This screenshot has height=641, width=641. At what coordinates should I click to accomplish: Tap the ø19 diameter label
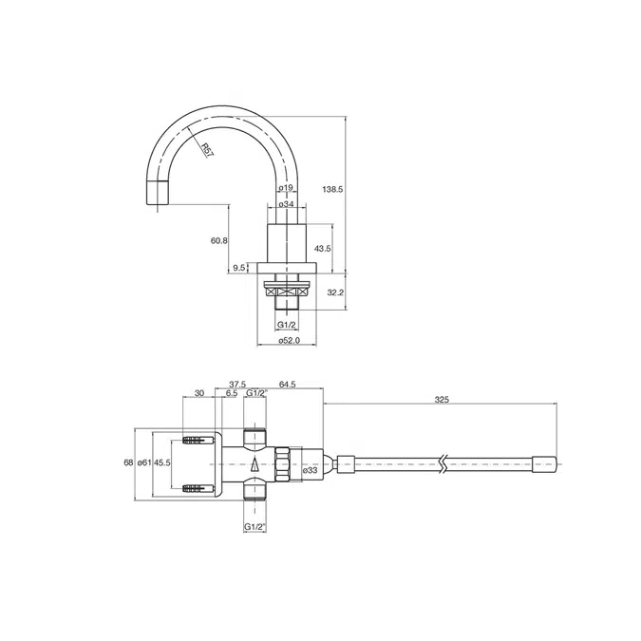tap(286, 189)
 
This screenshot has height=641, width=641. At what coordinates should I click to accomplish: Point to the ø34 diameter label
tap(286, 204)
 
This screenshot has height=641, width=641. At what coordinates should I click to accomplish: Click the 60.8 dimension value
tap(218, 240)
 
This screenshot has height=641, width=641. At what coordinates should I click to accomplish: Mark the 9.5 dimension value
tap(240, 268)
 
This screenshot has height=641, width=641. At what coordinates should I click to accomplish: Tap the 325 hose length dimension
tap(441, 401)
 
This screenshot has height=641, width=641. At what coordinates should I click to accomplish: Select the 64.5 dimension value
tap(288, 385)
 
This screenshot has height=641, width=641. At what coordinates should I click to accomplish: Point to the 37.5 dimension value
tap(237, 385)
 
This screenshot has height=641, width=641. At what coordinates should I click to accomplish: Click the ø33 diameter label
tap(310, 469)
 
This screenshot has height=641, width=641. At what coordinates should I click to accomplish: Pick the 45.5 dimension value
tap(162, 462)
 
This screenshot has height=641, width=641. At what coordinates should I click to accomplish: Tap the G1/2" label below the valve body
tap(255, 526)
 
